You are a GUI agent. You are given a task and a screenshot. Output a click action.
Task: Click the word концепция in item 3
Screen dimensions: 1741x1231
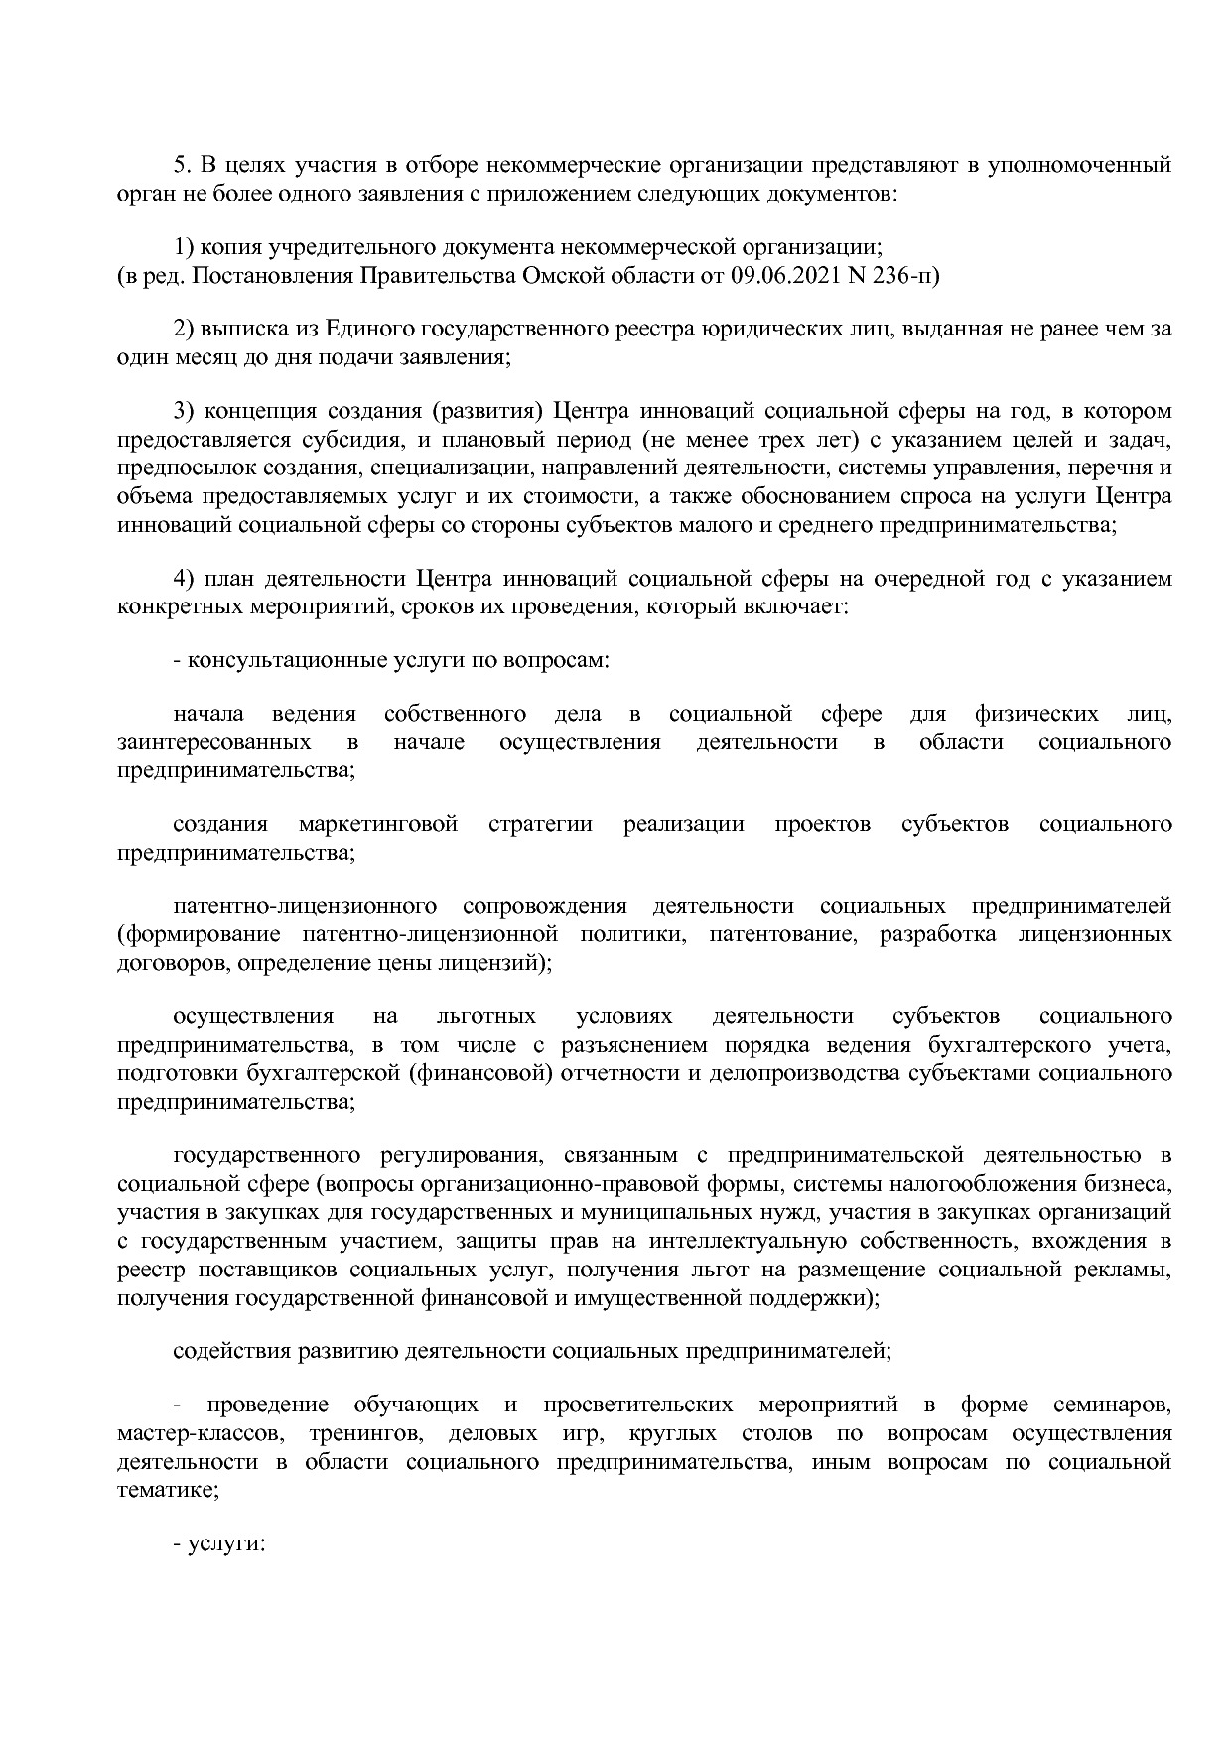coord(260,411)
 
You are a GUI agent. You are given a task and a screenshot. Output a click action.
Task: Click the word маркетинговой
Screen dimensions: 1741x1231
coord(377,824)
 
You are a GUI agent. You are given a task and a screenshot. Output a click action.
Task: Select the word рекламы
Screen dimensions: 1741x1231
coord(1129,1270)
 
